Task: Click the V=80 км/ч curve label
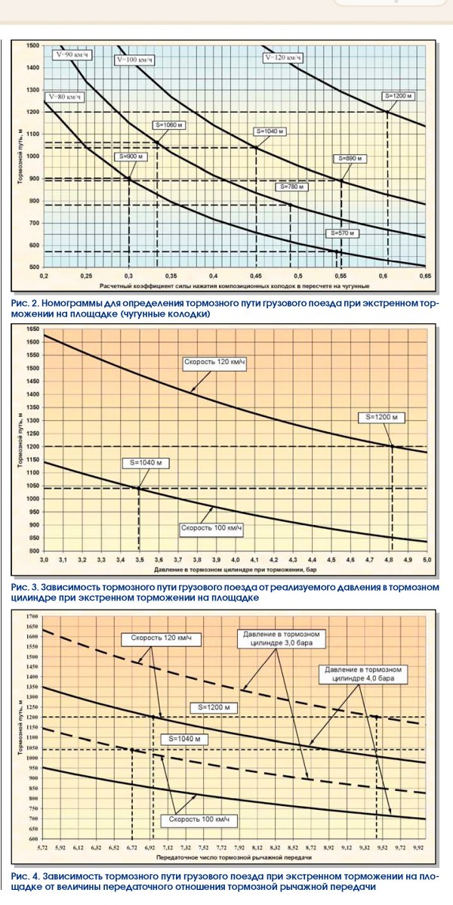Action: point(62,97)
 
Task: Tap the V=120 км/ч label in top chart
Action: point(283,57)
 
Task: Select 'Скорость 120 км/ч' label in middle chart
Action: point(215,362)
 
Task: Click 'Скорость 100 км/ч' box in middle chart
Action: point(211,527)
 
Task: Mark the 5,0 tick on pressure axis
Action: point(425,560)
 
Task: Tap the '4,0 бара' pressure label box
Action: point(368,674)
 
